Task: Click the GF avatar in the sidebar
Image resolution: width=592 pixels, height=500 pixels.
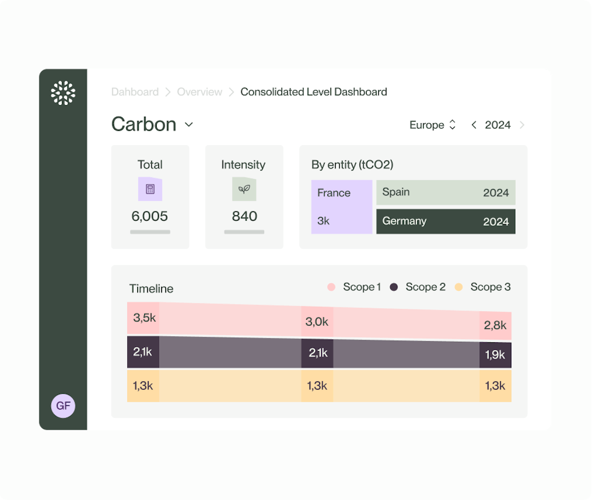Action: point(63,406)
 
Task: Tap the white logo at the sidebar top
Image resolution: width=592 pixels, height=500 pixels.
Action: point(63,93)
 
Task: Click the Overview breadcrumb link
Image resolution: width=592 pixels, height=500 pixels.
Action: point(200,92)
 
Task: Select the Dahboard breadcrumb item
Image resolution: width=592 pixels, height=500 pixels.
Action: point(135,92)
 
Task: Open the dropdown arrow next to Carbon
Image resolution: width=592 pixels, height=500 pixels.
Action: point(189,125)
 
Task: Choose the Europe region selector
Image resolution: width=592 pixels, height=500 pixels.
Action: point(432,125)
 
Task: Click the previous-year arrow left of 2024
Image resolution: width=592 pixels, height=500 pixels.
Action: point(474,125)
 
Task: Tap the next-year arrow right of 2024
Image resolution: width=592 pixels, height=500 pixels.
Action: point(522,125)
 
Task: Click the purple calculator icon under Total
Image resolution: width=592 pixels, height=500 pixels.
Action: point(150,189)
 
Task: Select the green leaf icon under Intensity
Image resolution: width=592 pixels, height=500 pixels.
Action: point(244,189)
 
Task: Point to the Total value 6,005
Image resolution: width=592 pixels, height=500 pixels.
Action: point(150,216)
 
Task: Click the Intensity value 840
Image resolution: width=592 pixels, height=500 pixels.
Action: point(244,216)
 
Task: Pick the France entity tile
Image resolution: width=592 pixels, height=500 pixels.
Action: point(341,207)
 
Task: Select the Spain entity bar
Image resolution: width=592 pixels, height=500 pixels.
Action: point(445,192)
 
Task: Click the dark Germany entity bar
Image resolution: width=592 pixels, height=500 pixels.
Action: point(445,221)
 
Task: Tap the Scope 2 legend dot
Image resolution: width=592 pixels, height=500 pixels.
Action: point(394,287)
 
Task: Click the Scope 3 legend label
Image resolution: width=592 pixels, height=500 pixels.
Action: point(490,287)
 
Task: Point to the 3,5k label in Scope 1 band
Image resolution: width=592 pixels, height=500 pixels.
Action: point(144,318)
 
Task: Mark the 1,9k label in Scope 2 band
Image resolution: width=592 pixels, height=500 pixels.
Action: point(495,355)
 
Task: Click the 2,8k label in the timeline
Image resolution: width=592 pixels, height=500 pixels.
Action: point(495,325)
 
